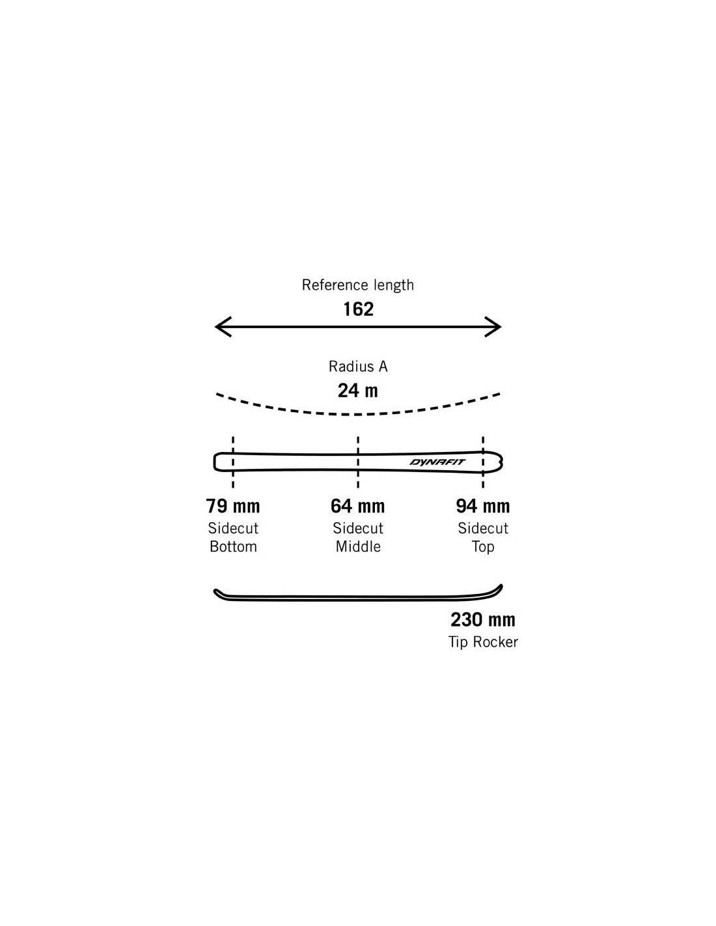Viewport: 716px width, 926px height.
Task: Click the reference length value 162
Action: click(358, 309)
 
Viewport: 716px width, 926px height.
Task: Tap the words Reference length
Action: click(358, 285)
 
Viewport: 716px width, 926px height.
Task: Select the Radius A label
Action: click(358, 367)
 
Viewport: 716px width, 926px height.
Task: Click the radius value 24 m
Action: click(358, 391)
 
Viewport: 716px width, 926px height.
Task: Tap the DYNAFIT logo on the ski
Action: click(437, 462)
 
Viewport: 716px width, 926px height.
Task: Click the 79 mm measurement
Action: click(233, 506)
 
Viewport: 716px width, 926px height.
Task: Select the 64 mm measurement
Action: click(358, 506)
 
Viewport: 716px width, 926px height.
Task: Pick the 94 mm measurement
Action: click(483, 506)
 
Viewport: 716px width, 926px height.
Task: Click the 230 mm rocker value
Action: click(483, 619)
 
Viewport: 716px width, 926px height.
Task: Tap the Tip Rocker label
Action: click(483, 642)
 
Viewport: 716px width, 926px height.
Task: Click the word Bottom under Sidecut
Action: click(233, 547)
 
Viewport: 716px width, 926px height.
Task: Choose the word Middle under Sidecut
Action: click(358, 547)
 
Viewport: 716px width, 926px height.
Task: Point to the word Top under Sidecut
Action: click(483, 547)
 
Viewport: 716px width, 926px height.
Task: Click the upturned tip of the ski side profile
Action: click(499, 588)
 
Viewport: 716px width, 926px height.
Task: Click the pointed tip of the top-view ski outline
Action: click(501, 462)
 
